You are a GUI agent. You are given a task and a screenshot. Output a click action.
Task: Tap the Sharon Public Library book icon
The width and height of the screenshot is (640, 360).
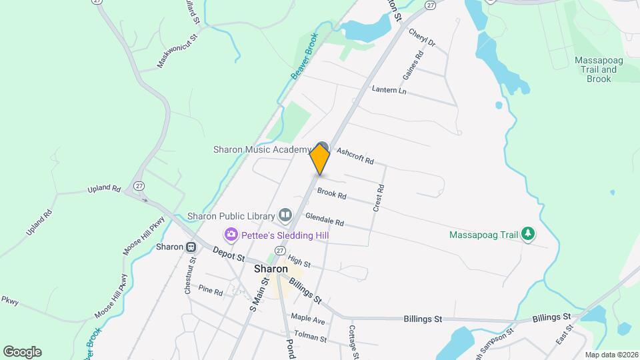click(x=286, y=215)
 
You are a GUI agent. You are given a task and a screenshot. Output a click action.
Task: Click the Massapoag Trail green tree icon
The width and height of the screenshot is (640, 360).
click(x=528, y=234)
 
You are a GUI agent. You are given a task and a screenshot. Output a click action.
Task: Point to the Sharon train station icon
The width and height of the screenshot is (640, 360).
click(x=191, y=247)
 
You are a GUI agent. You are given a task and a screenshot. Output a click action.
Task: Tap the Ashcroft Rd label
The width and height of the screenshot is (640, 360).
click(x=355, y=157)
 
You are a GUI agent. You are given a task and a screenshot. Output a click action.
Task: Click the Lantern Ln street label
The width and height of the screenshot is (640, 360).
click(x=389, y=90)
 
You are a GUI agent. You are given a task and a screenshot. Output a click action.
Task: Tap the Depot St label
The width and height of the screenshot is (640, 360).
click(x=229, y=254)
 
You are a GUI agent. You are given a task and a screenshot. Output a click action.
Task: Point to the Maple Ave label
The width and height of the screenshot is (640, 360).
click(x=307, y=321)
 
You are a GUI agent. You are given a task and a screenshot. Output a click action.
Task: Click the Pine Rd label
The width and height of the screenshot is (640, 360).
click(x=210, y=290)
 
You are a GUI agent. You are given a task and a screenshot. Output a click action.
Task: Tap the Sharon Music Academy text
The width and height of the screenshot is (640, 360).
click(x=262, y=149)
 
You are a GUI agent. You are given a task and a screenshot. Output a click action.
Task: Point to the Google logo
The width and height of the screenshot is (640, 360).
click(x=22, y=351)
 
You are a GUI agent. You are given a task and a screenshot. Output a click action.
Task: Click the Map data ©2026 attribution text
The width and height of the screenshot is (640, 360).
click(x=611, y=355)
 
